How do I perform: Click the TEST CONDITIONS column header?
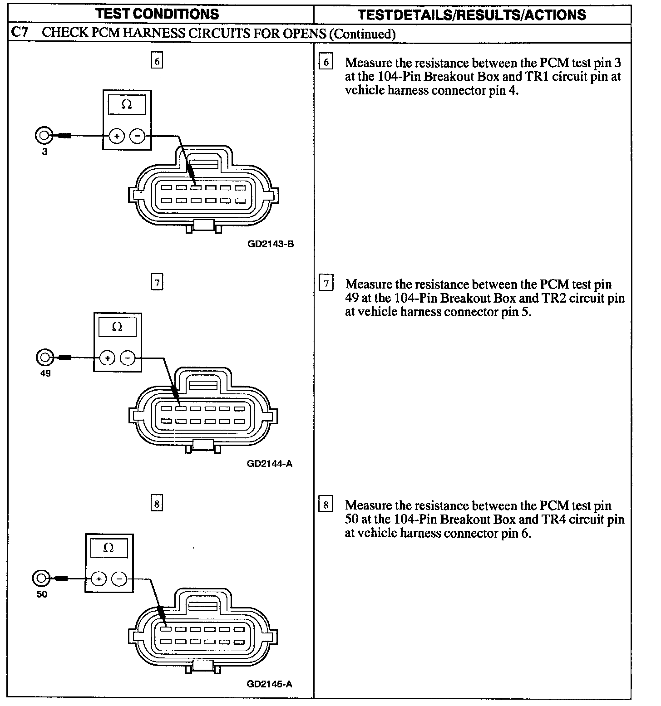(158, 14)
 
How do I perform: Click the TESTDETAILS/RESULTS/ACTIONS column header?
(472, 15)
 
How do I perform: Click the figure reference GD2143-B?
(271, 244)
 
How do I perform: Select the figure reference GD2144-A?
(270, 464)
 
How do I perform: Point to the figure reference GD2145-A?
(270, 684)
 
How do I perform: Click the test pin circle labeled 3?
(44, 135)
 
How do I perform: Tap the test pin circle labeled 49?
(44, 358)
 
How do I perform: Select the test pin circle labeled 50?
(40, 579)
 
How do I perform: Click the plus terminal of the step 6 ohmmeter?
(117, 136)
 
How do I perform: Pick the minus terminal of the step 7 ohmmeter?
(128, 358)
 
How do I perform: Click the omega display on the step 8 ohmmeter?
(109, 548)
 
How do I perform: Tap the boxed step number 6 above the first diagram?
(157, 61)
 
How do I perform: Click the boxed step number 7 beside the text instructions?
(326, 284)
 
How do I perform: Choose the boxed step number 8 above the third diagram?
(157, 504)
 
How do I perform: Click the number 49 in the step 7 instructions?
(352, 298)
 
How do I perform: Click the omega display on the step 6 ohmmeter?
(127, 105)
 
